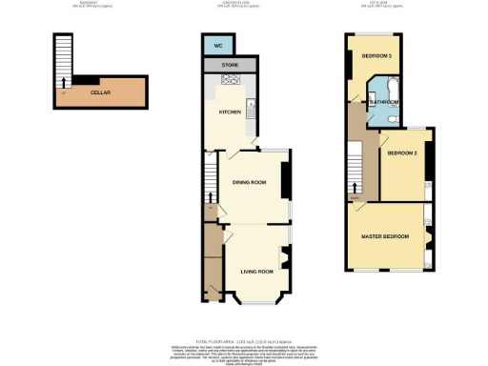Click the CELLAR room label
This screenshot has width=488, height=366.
pos(99,93)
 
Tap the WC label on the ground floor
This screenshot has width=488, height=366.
pos(217,45)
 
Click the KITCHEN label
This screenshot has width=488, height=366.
pos(231,112)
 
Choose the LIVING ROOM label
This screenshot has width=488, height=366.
pos(256,272)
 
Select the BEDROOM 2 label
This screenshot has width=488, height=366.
pos(402,152)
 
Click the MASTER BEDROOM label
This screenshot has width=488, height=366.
pos(385,235)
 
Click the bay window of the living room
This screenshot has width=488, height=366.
pos(255,304)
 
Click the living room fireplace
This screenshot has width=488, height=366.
pos(285,257)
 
